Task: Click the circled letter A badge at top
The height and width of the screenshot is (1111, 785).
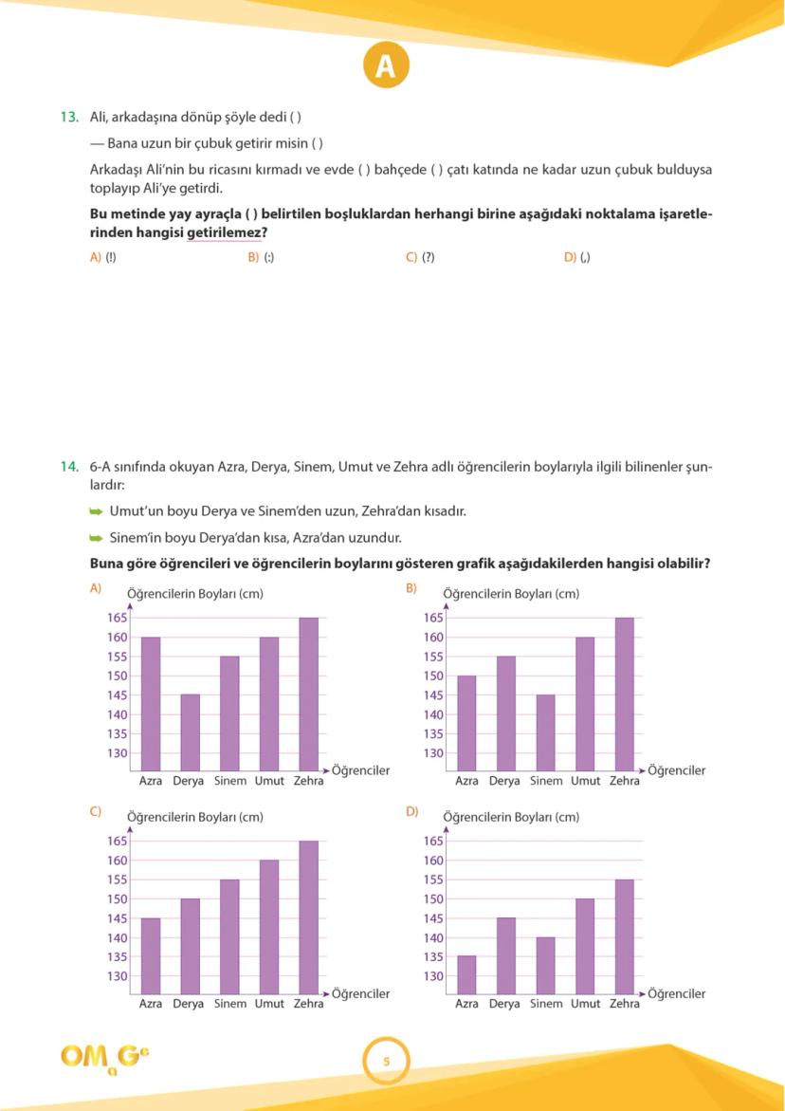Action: (x=385, y=65)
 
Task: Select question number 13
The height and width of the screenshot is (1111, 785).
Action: (x=69, y=118)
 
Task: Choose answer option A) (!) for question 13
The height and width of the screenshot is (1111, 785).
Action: (x=103, y=257)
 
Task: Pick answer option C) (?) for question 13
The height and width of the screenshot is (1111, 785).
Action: (x=420, y=257)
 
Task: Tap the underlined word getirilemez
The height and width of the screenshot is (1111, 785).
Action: (x=224, y=232)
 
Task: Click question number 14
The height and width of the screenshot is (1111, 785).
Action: (x=69, y=467)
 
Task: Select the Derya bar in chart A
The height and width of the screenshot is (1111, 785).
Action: (x=191, y=732)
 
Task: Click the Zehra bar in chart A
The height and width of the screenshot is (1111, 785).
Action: (x=309, y=694)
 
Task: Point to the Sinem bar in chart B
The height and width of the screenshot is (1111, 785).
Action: (x=546, y=732)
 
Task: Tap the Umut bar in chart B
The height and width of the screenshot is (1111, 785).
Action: (x=585, y=704)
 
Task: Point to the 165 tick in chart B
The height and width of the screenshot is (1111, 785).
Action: (x=433, y=618)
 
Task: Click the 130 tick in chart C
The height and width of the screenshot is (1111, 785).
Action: (x=117, y=976)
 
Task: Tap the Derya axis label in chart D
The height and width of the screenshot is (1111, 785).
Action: (x=504, y=1004)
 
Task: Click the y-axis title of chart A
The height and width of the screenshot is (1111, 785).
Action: (x=194, y=594)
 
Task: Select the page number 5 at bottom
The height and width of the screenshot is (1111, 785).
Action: (x=386, y=1062)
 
